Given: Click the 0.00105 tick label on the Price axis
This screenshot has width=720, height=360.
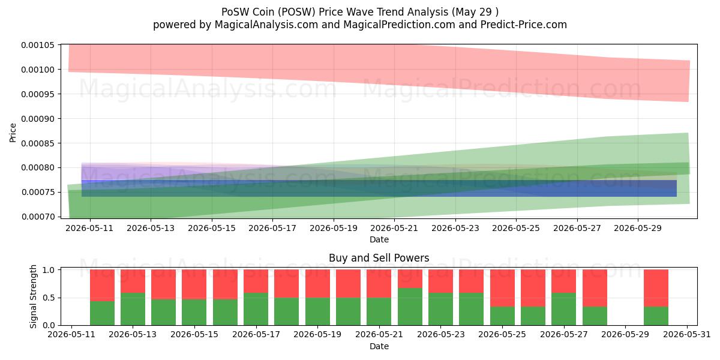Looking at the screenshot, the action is (38, 45).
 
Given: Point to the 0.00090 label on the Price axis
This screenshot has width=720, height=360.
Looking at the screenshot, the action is (38, 119).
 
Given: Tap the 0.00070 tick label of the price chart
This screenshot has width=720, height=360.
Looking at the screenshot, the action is (38, 217).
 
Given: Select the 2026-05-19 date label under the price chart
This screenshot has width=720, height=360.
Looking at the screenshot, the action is (334, 228).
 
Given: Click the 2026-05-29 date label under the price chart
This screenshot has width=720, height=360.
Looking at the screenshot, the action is (638, 228).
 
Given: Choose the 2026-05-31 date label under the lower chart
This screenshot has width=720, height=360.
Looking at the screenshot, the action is (687, 335).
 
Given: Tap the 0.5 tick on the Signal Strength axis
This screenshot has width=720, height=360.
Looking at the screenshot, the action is (49, 298).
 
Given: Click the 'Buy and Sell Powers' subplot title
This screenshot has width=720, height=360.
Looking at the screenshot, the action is (379, 258).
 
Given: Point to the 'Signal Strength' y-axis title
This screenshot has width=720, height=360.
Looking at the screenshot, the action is (33, 296).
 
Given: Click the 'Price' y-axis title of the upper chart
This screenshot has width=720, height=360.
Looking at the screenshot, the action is (13, 133).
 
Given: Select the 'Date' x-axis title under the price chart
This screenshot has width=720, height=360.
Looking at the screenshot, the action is (379, 239).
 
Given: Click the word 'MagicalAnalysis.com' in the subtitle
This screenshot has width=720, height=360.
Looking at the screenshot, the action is (266, 25).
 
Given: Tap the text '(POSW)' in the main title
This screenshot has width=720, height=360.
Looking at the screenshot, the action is (296, 12).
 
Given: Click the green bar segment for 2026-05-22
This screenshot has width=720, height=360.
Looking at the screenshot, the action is (410, 307).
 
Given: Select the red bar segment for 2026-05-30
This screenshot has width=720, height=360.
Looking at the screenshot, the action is (656, 288).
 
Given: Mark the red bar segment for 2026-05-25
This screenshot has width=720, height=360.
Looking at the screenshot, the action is (502, 288).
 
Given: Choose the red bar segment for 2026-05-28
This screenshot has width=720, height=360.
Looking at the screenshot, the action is (595, 288).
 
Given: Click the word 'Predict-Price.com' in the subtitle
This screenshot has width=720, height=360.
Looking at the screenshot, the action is (524, 25).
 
